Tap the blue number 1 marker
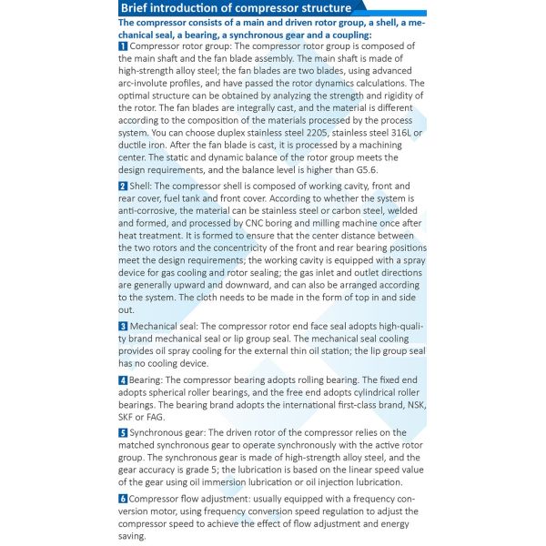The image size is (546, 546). coord(123,45)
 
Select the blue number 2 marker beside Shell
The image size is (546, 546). coord(123,186)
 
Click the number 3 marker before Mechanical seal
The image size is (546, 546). coord(123,326)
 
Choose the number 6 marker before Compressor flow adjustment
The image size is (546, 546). coord(123,499)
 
